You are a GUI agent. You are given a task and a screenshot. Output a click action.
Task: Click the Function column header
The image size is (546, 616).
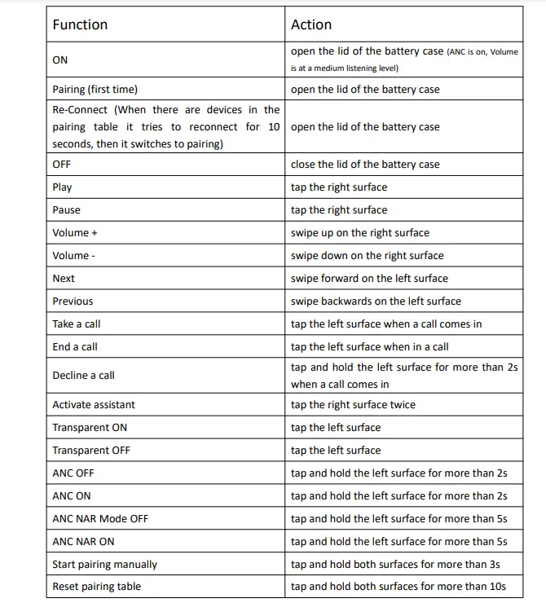80,24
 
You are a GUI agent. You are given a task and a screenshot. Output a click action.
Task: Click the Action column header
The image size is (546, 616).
311,24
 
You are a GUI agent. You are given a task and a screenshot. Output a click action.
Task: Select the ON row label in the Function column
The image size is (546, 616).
60,59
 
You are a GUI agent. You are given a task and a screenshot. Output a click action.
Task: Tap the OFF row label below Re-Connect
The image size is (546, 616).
62,164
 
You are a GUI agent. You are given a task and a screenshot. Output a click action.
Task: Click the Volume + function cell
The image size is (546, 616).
75,232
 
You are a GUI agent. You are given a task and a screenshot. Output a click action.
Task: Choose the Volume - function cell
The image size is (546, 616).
73,255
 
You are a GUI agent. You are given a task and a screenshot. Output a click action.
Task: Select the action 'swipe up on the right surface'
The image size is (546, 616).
360,232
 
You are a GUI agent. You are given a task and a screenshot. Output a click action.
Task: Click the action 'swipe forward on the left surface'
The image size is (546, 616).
369,278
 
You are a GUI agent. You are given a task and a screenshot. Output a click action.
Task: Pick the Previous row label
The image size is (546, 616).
73,301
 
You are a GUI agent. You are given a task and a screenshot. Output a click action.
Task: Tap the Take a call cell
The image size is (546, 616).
77,323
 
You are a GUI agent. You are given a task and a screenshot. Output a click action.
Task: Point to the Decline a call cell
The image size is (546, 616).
83,376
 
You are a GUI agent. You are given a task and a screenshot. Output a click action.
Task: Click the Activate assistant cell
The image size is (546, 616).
94,404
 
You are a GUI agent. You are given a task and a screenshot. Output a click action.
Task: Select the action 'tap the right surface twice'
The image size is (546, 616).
353,404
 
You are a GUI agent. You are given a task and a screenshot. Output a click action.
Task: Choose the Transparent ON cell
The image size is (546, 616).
90,427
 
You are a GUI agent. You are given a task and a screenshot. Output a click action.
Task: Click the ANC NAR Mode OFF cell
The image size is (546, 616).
100,518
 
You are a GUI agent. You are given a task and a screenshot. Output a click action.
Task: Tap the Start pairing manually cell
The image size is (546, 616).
105,564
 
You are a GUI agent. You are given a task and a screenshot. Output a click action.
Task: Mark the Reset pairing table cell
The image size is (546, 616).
96,587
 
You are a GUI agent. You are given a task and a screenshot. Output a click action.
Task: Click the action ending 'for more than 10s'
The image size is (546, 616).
398,587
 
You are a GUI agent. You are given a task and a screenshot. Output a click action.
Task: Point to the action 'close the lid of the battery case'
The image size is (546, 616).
365,164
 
